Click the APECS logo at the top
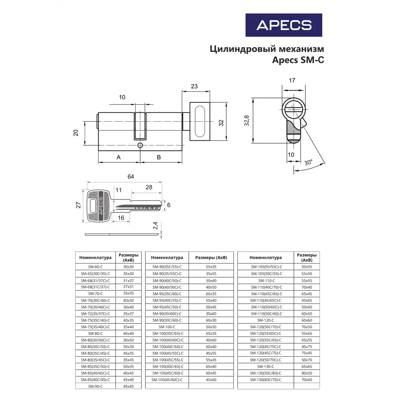pos(284,25)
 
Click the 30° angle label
pos(308,162)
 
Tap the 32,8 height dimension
pos(246,120)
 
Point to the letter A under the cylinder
pos(118,157)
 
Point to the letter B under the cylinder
pos(159,157)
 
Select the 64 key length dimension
pos(131,177)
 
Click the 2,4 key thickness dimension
pos(155,226)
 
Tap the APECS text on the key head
pos(101,206)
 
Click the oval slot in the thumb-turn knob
pos(200,122)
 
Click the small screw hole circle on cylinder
pos(140,145)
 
